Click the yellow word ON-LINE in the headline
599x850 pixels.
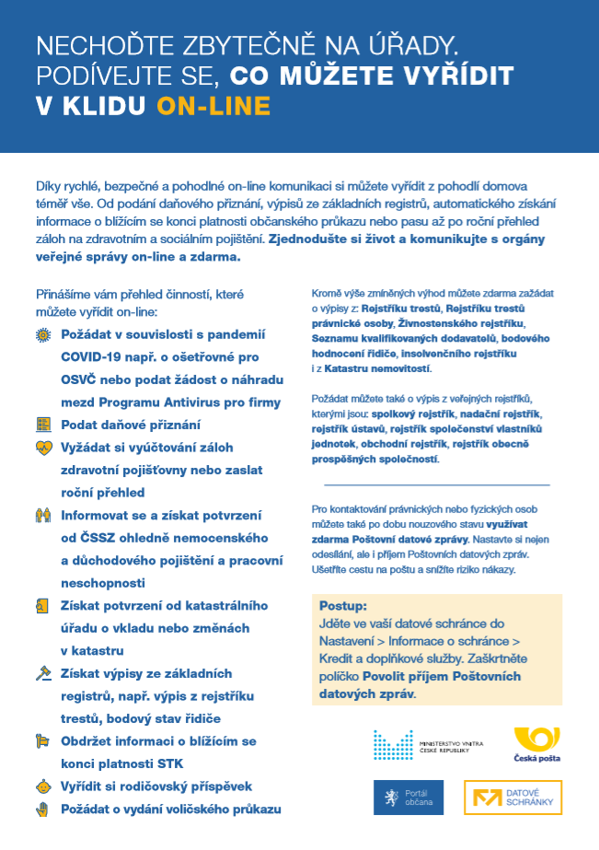point(213,106)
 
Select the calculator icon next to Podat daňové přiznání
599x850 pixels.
point(42,425)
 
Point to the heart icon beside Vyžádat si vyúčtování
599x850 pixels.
point(42,448)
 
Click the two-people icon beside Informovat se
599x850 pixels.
point(42,515)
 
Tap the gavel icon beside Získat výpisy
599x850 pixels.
point(42,673)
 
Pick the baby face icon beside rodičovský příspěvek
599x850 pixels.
point(42,786)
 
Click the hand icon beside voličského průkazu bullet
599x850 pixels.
point(42,809)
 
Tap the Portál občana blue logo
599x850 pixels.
point(408,798)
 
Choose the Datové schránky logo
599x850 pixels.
point(512,798)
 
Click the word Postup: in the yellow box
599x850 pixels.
point(342,607)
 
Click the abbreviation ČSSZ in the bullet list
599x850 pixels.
point(96,537)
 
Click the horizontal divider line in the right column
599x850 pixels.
point(437,484)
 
